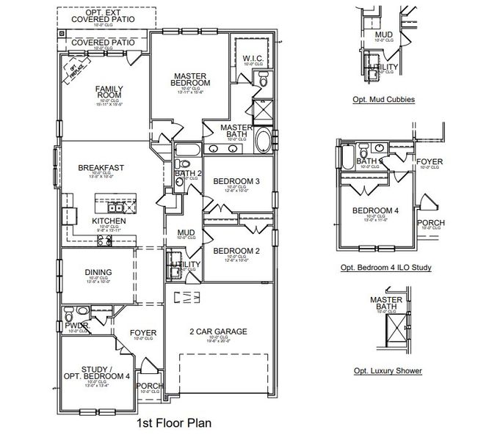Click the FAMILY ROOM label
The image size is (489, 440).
coord(109,93)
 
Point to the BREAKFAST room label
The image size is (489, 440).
coord(101,168)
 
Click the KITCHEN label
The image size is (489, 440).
coord(108,221)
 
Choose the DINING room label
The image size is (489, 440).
coord(98,271)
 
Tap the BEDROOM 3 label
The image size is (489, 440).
coord(237,180)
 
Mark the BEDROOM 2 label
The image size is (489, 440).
coord(237,250)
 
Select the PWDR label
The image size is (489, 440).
coord(76,326)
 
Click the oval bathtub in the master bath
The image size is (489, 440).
coord(263,139)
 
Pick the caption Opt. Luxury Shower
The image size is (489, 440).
coord(388,370)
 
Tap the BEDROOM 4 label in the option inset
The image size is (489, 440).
coord(374,211)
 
